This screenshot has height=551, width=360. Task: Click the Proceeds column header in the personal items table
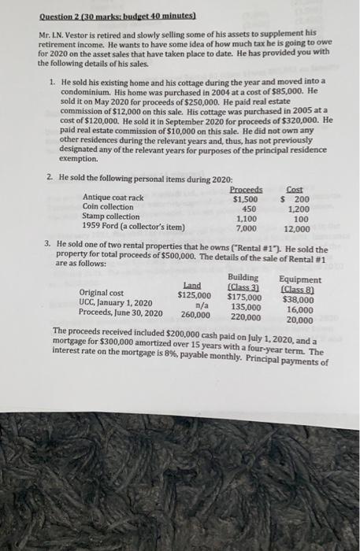[x=245, y=190]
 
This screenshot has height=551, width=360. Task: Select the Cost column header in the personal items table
[x=295, y=190]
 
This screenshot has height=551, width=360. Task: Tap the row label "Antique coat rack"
[x=113, y=198]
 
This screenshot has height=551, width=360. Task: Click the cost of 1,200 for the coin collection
[x=297, y=208]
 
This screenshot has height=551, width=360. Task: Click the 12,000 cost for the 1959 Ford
[x=295, y=228]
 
